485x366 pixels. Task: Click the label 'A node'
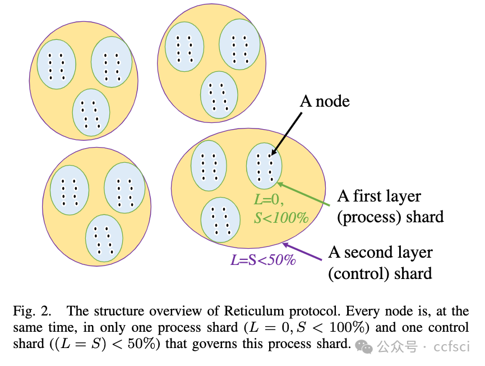(325, 101)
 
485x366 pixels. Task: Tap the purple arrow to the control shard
(303, 251)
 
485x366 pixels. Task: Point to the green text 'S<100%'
(281, 217)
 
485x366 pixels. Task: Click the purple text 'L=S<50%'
(263, 260)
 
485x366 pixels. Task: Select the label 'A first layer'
(378, 196)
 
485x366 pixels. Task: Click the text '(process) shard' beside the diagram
(390, 217)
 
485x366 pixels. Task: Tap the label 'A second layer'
(380, 253)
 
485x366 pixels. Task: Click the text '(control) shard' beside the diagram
(380, 273)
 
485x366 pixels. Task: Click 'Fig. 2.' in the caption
(30, 312)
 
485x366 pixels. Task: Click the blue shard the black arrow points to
(264, 166)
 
